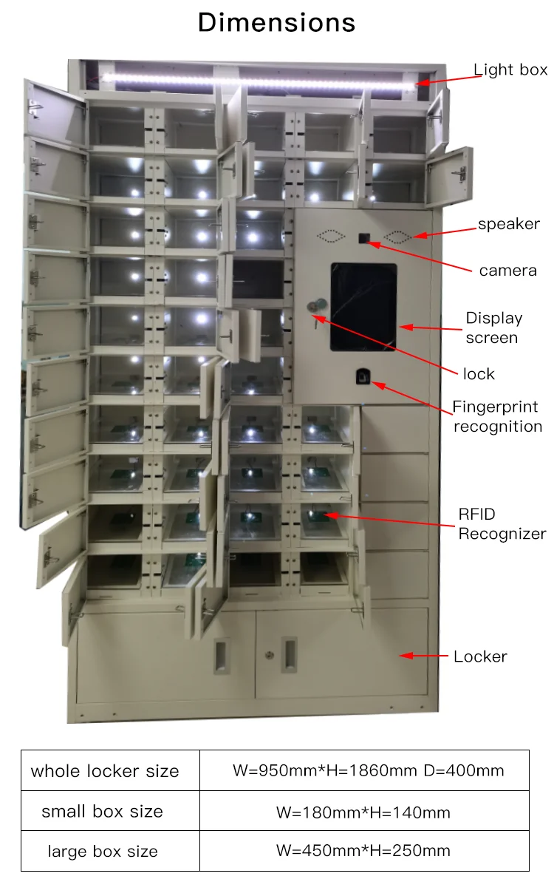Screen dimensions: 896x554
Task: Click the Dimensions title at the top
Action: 276,23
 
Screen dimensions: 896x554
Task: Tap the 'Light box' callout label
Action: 510,70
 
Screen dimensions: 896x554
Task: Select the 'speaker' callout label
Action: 509,224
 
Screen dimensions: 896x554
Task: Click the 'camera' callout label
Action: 507,271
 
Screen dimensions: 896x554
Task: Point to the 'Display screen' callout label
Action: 493,327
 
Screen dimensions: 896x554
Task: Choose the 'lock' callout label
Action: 479,374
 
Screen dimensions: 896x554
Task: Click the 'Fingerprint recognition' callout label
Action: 496,416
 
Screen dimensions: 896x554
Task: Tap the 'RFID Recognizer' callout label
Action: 502,524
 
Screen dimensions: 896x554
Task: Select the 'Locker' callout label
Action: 480,656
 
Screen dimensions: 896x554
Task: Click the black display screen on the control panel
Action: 363,307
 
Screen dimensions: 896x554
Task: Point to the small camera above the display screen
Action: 363,238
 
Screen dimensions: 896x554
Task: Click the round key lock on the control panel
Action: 315,305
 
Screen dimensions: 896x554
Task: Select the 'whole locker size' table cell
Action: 105,771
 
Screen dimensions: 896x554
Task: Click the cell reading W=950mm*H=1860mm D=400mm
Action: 368,771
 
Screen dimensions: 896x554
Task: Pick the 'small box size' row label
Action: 102,812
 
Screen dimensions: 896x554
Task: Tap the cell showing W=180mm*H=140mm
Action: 363,812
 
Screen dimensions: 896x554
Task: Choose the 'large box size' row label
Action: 102,852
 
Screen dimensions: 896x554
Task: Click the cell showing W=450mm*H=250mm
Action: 363,851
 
